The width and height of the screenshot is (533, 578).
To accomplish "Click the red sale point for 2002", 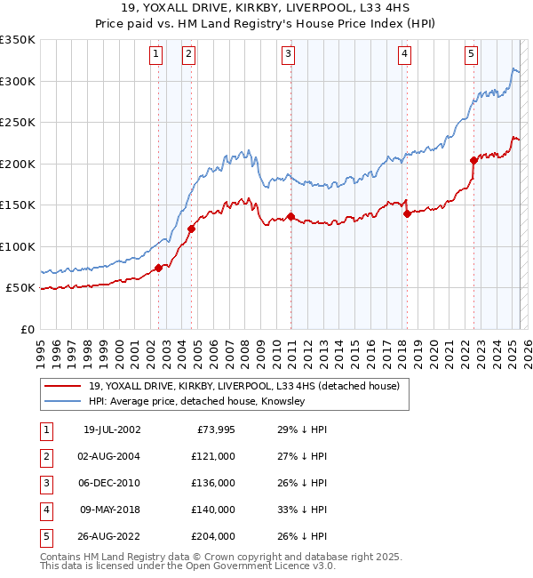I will click(x=159, y=268).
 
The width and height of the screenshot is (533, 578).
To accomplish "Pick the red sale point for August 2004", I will click(x=191, y=229).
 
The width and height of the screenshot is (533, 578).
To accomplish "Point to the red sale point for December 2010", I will click(x=290, y=217).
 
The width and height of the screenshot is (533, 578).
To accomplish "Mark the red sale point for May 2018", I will click(x=406, y=213).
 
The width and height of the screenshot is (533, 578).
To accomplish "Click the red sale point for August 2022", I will click(x=473, y=161).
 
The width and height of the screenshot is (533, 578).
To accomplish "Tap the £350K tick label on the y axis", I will click(x=18, y=40).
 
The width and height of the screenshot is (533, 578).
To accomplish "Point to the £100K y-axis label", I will click(x=18, y=246).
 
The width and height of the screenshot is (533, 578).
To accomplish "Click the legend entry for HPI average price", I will click(x=196, y=402).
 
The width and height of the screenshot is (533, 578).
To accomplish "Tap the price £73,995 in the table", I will click(x=213, y=430).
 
